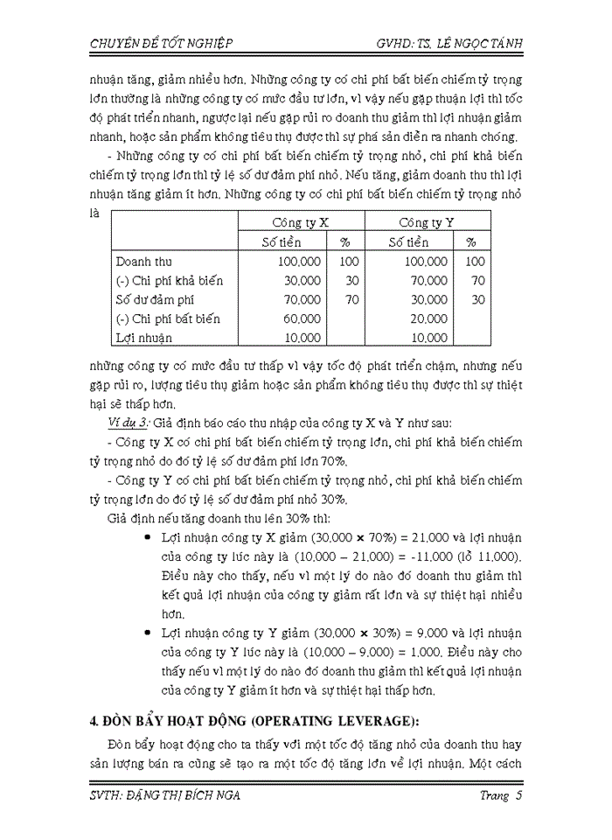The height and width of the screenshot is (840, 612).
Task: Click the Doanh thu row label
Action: pyautogui.click(x=144, y=261)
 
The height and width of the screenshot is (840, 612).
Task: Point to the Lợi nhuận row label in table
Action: pyautogui.click(x=144, y=338)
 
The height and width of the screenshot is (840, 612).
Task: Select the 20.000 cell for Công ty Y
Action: pyautogui.click(x=428, y=318)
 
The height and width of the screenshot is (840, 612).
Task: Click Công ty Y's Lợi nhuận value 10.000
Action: pyautogui.click(x=428, y=338)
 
